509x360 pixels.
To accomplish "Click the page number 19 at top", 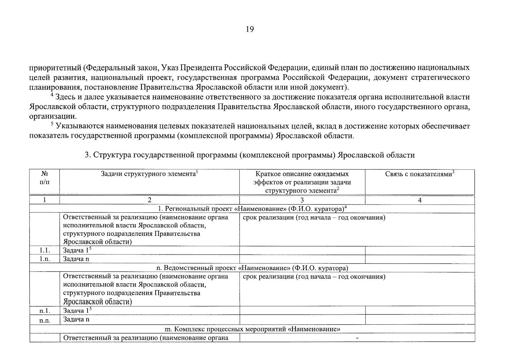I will coord(250,29).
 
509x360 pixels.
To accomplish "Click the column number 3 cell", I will coord(302,200).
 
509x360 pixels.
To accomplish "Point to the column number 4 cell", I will coord(420,200).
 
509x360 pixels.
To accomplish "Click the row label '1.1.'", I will coord(44,250).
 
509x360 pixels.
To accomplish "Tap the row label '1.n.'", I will coord(44,259).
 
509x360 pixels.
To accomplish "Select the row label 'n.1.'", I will coord(44,310).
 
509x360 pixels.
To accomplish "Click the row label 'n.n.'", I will coord(44,320).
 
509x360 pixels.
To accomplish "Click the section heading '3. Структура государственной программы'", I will coord(250,155).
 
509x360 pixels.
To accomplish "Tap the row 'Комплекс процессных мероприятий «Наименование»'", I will coord(252,329).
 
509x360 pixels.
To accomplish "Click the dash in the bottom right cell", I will coord(357,338).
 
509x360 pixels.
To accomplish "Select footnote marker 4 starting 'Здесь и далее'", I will coord(52,95).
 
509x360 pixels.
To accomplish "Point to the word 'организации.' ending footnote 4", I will coord(52,116).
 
